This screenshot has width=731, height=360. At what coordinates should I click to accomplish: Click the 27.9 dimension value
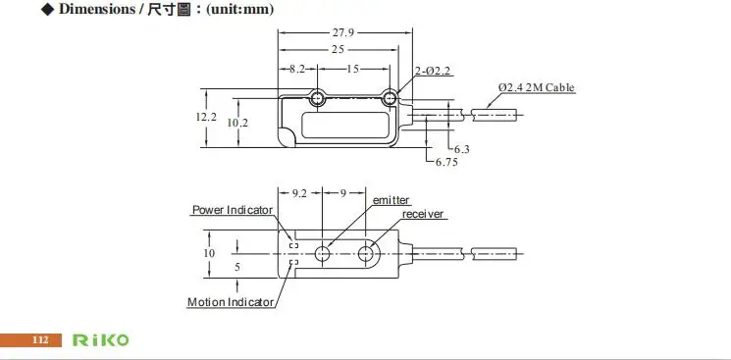[x=342, y=32]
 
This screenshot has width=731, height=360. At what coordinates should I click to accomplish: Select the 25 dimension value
[x=338, y=49]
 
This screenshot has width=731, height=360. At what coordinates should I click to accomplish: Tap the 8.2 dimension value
[x=297, y=69]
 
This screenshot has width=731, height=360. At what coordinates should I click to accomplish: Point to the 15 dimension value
[x=353, y=69]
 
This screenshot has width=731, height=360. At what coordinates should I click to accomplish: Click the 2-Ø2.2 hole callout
[x=433, y=71]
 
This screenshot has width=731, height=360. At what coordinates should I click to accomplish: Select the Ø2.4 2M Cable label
[x=536, y=87]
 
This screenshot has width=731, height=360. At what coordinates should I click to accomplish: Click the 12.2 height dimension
[x=206, y=117]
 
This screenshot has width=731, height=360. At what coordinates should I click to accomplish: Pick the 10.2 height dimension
[x=237, y=124]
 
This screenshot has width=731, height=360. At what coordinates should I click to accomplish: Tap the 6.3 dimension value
[x=461, y=150]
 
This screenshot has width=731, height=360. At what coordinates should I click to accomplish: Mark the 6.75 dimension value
[x=446, y=162]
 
